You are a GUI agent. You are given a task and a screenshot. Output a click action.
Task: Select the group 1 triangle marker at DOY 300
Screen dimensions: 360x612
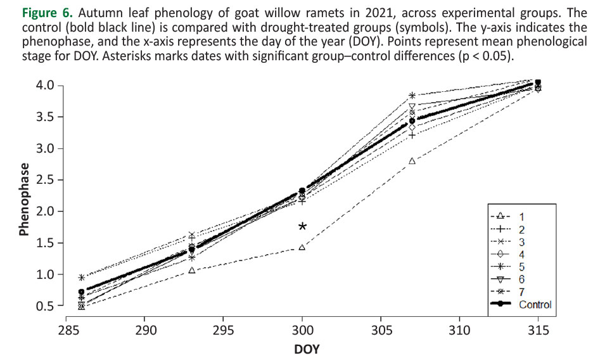coord(302,247)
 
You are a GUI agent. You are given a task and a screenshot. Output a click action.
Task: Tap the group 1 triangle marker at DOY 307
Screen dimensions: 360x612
coord(412,161)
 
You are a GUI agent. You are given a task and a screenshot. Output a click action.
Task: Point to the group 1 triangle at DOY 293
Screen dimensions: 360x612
coord(192,271)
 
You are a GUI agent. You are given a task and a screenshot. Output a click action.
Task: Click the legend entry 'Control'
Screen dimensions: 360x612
coord(535,304)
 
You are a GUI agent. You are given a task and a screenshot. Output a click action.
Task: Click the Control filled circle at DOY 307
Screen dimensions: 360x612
coord(412,120)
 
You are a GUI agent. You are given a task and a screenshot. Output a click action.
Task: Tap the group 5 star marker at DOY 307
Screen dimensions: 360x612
coord(412,95)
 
